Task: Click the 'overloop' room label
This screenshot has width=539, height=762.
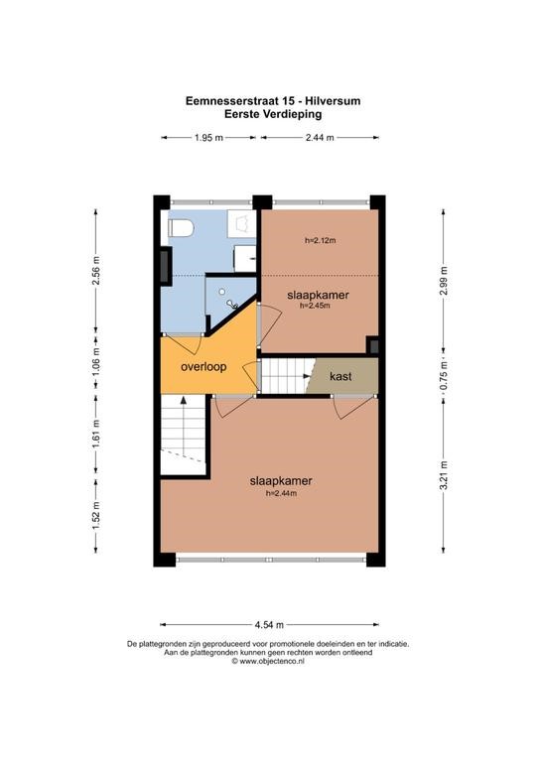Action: click(203, 366)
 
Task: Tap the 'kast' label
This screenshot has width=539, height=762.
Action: click(340, 376)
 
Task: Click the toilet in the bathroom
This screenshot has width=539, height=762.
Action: click(181, 227)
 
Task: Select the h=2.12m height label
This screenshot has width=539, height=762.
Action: click(321, 240)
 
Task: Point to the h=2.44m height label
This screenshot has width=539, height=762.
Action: click(281, 493)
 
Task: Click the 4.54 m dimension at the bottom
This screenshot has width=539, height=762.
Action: click(269, 624)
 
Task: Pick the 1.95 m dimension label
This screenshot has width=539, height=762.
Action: click(208, 138)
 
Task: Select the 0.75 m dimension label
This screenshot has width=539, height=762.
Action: click(444, 376)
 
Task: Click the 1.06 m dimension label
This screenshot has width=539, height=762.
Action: click(95, 362)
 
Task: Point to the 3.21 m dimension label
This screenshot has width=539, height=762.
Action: click(444, 475)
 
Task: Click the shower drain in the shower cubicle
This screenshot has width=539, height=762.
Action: click(221, 292)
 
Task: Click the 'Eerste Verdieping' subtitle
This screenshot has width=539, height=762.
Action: click(273, 114)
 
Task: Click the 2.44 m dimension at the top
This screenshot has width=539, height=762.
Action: click(320, 138)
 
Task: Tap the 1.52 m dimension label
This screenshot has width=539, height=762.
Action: click(95, 515)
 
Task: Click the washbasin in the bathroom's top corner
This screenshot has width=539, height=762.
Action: click(241, 223)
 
